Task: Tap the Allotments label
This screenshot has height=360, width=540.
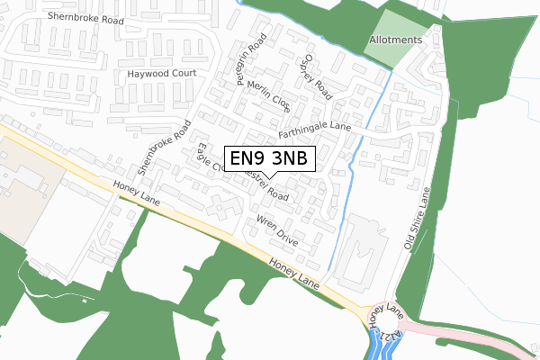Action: pos(395,40)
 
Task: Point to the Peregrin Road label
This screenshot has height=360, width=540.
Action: pos(253,61)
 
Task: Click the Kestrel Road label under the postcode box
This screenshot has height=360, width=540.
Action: pos(270,188)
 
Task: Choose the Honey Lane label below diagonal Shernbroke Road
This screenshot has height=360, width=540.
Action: pos(137,193)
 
